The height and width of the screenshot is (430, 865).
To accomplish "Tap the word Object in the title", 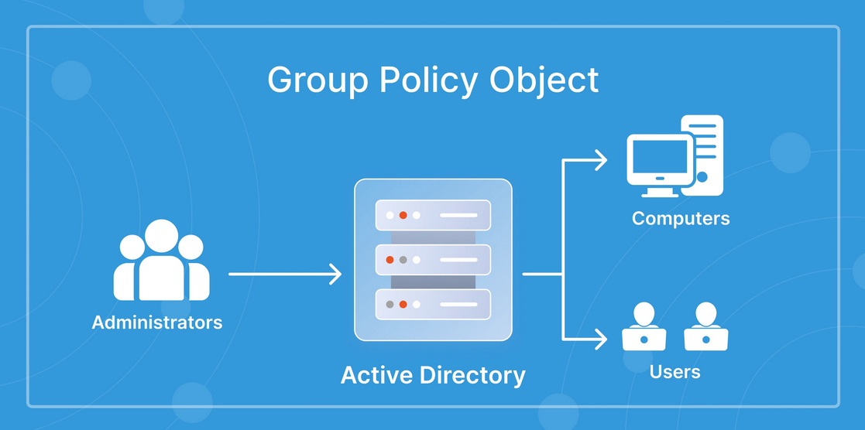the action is click(x=544, y=80).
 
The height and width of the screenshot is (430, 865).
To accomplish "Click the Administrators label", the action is click(x=157, y=322).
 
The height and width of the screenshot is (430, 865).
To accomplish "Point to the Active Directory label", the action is click(x=433, y=375).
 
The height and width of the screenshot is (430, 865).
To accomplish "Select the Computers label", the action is click(x=681, y=218).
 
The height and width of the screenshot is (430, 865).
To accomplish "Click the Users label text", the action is click(x=674, y=371).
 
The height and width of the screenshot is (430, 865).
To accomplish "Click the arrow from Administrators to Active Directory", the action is click(x=285, y=274).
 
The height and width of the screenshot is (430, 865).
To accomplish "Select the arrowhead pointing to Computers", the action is click(x=601, y=160).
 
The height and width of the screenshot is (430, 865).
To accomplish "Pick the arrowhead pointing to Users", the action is click(x=601, y=339).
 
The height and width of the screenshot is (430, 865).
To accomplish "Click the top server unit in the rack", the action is click(x=433, y=215).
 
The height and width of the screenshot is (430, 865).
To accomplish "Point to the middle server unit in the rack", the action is click(x=433, y=260).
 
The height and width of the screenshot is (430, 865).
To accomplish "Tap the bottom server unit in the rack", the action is click(x=433, y=304).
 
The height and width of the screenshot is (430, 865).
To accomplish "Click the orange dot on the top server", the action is click(x=403, y=215).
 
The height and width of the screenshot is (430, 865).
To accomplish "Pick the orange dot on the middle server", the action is click(x=390, y=260).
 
